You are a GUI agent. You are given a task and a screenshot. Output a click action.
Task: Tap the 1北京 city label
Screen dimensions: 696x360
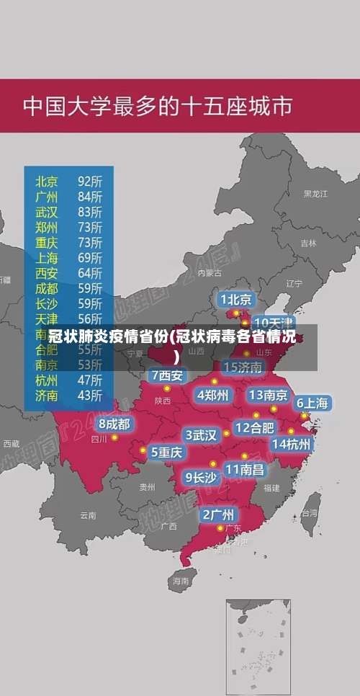(x=236, y=299)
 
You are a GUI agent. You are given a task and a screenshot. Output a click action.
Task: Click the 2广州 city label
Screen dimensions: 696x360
(x=217, y=514)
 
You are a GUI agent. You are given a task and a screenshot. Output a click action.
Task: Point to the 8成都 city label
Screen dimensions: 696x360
(x=114, y=424)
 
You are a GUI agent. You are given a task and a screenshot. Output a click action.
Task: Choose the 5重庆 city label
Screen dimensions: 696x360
(x=166, y=452)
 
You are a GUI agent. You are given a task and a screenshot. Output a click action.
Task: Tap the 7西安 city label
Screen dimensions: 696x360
(x=167, y=375)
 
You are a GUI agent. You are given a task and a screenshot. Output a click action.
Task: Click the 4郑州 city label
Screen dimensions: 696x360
(x=213, y=395)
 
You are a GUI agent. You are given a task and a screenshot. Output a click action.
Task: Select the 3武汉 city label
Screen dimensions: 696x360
(x=202, y=435)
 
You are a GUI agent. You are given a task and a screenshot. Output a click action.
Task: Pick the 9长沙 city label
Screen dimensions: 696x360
(x=202, y=477)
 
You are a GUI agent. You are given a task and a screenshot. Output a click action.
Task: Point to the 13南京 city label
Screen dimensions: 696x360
(x=268, y=395)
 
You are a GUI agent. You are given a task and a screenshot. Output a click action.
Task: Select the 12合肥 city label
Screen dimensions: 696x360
(x=254, y=427)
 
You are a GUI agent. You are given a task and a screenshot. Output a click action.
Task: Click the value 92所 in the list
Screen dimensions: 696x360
(x=90, y=180)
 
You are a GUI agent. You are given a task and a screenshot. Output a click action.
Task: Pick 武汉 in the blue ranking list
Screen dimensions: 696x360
(x=47, y=211)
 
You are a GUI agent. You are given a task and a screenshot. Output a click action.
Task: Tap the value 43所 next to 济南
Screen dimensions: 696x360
(x=90, y=395)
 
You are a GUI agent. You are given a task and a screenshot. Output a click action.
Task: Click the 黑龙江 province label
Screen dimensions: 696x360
(x=315, y=194)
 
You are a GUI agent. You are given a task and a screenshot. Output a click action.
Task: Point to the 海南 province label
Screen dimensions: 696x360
(x=180, y=580)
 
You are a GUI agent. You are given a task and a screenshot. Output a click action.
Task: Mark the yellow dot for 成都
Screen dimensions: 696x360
(x=114, y=437)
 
